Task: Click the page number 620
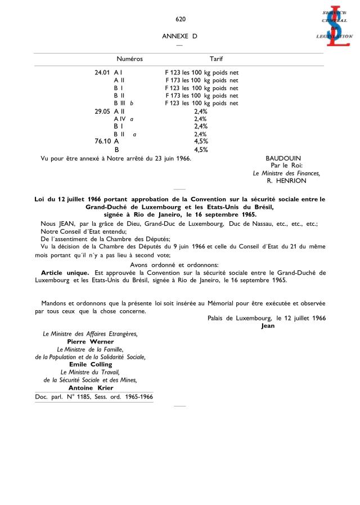tap(180, 19)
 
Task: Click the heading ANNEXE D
tap(180, 36)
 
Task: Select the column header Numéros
tap(129, 59)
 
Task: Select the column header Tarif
tap(216, 59)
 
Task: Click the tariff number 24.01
tap(102, 73)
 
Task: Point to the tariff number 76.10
tap(102, 142)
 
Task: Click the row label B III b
tap(123, 104)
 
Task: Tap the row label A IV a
tap(123, 119)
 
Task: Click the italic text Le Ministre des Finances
tap(286, 173)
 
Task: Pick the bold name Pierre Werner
tap(90, 342)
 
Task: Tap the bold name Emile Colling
tap(90, 364)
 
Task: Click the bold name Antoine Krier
tap(90, 387)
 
